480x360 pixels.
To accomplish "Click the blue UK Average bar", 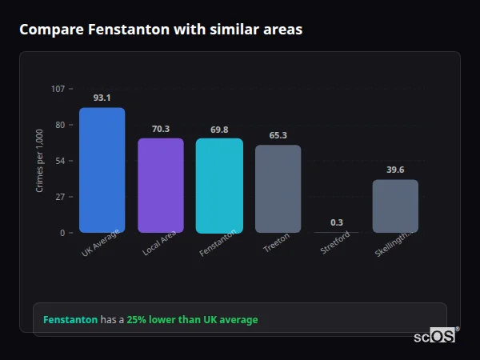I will (x=102, y=170).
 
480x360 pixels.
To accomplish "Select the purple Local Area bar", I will (x=161, y=186).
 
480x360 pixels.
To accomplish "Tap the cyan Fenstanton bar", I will (x=219, y=186).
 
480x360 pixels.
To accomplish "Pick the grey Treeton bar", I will (x=278, y=189).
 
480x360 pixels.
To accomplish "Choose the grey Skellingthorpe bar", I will (x=395, y=206).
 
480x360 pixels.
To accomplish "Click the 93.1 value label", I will (x=102, y=98).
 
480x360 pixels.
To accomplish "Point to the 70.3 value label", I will (x=161, y=129).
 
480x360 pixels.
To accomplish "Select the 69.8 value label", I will (x=219, y=130).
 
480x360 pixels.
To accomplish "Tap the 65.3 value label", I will (x=278, y=135).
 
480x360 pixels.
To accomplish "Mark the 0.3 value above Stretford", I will (x=337, y=222).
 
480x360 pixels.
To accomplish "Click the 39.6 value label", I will (x=395, y=170).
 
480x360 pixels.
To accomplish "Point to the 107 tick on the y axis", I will (x=58, y=89).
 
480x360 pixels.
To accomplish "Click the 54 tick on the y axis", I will (x=60, y=161).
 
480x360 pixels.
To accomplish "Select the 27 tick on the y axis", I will (x=60, y=197).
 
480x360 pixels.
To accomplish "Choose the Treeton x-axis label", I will (x=276, y=244).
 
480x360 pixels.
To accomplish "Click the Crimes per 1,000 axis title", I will (x=40, y=160).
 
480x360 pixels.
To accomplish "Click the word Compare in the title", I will (x=47, y=30).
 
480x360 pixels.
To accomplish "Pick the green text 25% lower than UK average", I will (x=192, y=320).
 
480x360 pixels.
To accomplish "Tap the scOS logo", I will (x=434, y=336).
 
